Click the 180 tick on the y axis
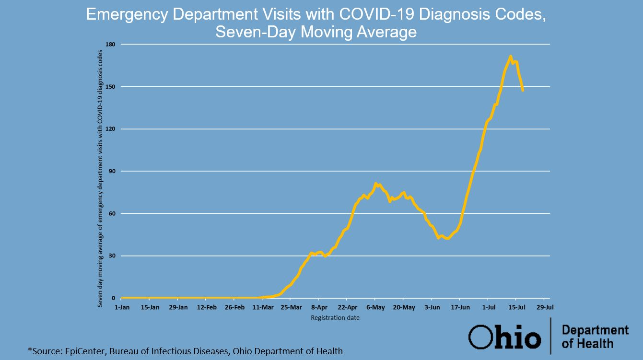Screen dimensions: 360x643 click(x=114, y=44)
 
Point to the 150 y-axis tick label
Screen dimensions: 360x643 click(x=114, y=87)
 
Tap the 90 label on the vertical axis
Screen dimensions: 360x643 click(x=115, y=171)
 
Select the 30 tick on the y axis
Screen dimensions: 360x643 click(x=115, y=255)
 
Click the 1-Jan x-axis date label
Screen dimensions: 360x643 click(x=122, y=307)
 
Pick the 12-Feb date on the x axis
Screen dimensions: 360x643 click(x=207, y=307)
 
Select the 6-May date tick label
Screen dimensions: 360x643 click(x=375, y=307)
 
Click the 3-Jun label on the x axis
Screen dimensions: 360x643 click(x=432, y=307)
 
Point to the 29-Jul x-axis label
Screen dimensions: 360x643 click(x=545, y=307)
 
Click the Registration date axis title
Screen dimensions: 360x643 click(x=335, y=317)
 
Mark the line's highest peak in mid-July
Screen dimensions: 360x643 click(x=511, y=56)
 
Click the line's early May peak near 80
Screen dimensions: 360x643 click(x=375, y=183)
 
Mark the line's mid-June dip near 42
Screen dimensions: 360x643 click(x=447, y=238)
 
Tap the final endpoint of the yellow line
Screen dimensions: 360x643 click(x=523, y=90)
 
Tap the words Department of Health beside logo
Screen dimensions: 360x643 click(x=595, y=337)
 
